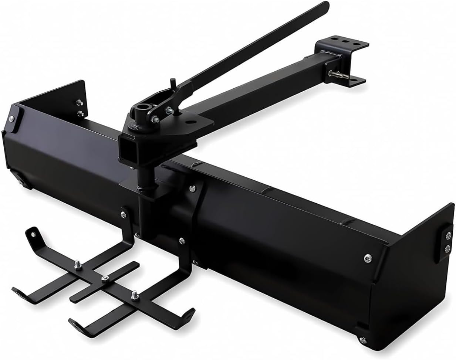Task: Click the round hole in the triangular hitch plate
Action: [191, 120]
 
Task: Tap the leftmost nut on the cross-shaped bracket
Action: [78, 264]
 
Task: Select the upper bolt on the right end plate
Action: [447, 236]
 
